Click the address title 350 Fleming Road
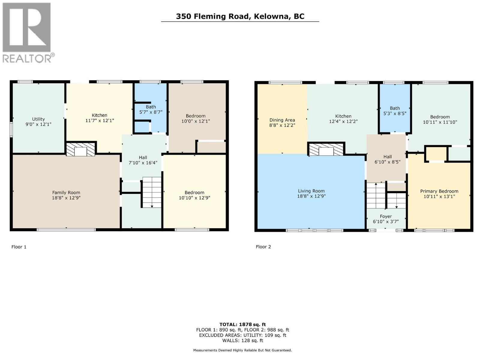tap(240, 16)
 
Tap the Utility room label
tap(38, 119)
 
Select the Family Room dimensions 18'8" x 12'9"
tap(66, 198)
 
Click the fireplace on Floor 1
tap(80, 149)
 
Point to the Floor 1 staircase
tap(152, 192)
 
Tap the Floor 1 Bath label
tap(151, 107)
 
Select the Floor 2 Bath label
tap(395, 108)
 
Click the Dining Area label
tap(282, 120)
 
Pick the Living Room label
tap(311, 191)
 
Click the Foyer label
tap(386, 216)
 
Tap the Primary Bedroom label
tap(439, 191)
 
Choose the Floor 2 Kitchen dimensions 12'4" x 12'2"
tap(343, 121)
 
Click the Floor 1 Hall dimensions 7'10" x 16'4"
tap(143, 163)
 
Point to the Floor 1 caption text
tap(19, 247)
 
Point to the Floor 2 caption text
tap(263, 247)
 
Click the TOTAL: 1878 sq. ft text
tap(242, 324)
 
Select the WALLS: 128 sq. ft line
tap(242, 340)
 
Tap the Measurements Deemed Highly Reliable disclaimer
tap(242, 350)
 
